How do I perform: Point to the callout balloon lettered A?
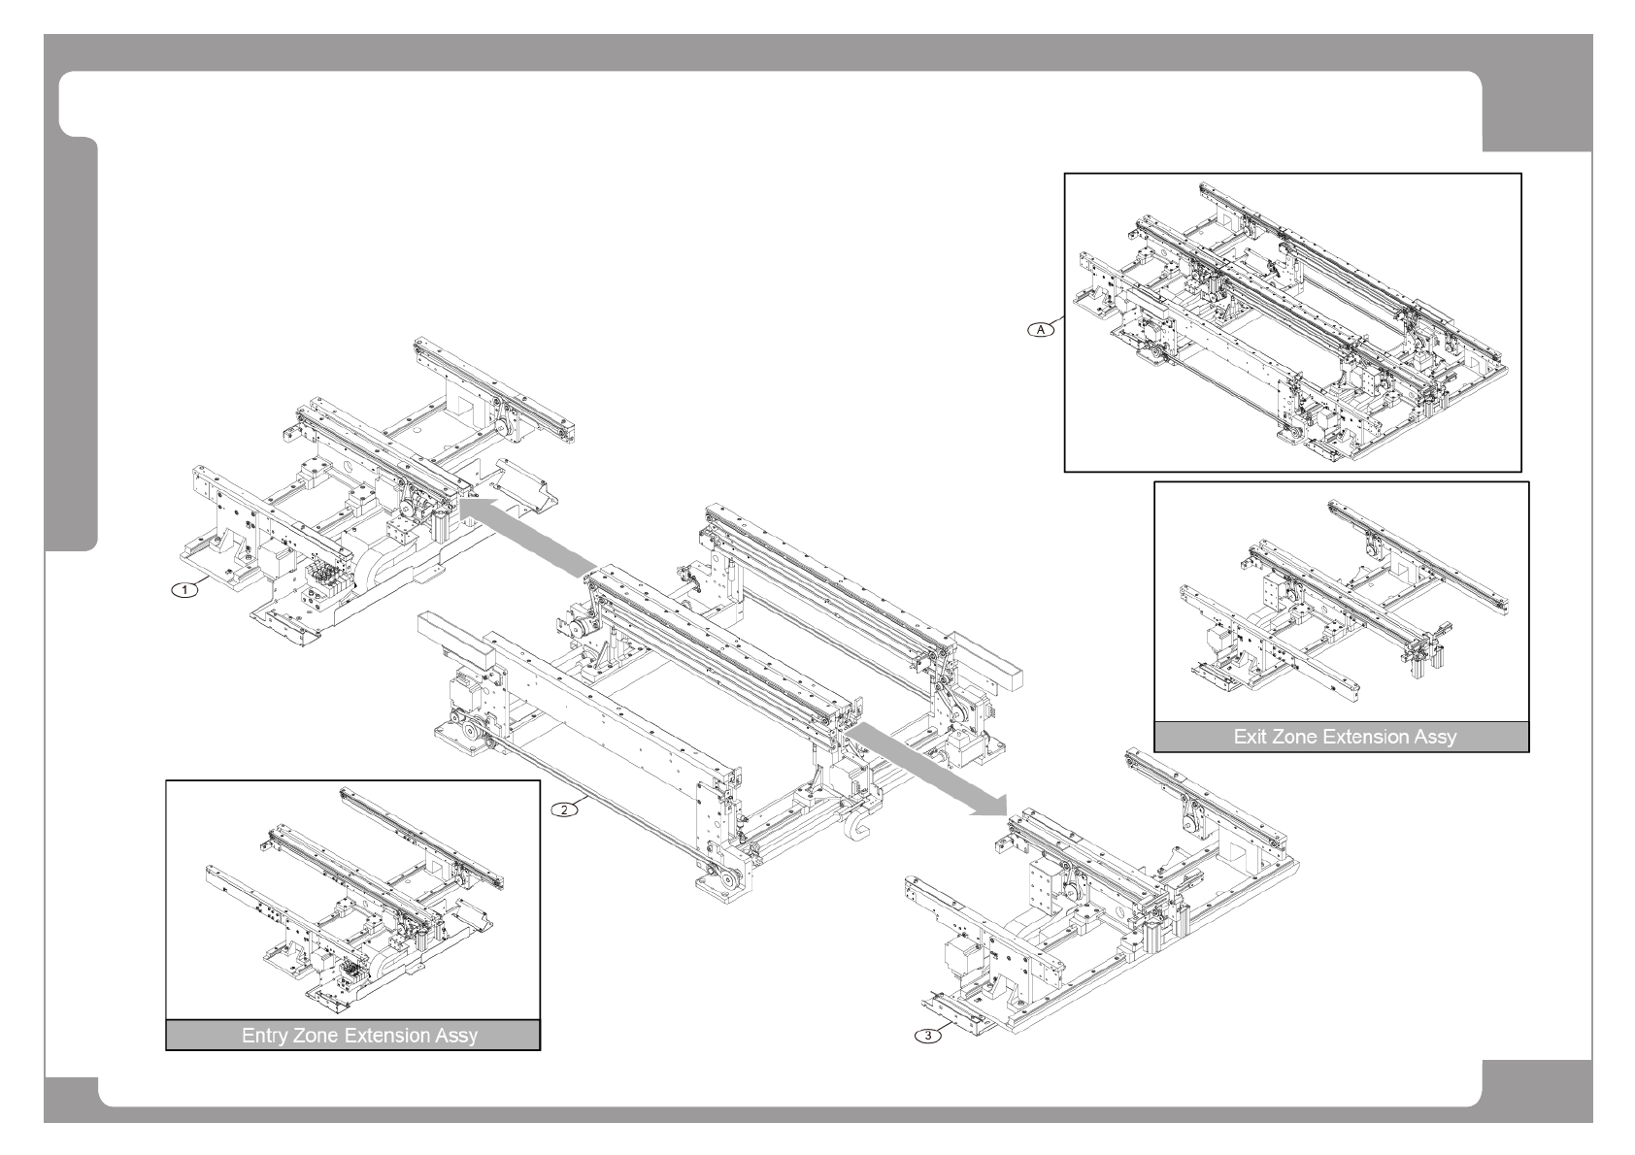tap(1041, 330)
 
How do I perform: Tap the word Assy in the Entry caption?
tap(457, 1036)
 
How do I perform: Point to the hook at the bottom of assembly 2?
tap(859, 831)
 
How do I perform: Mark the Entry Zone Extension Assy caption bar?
tap(352, 1036)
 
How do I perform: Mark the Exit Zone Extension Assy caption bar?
tap(1341, 737)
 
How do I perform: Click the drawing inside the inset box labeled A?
tap(1291, 320)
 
